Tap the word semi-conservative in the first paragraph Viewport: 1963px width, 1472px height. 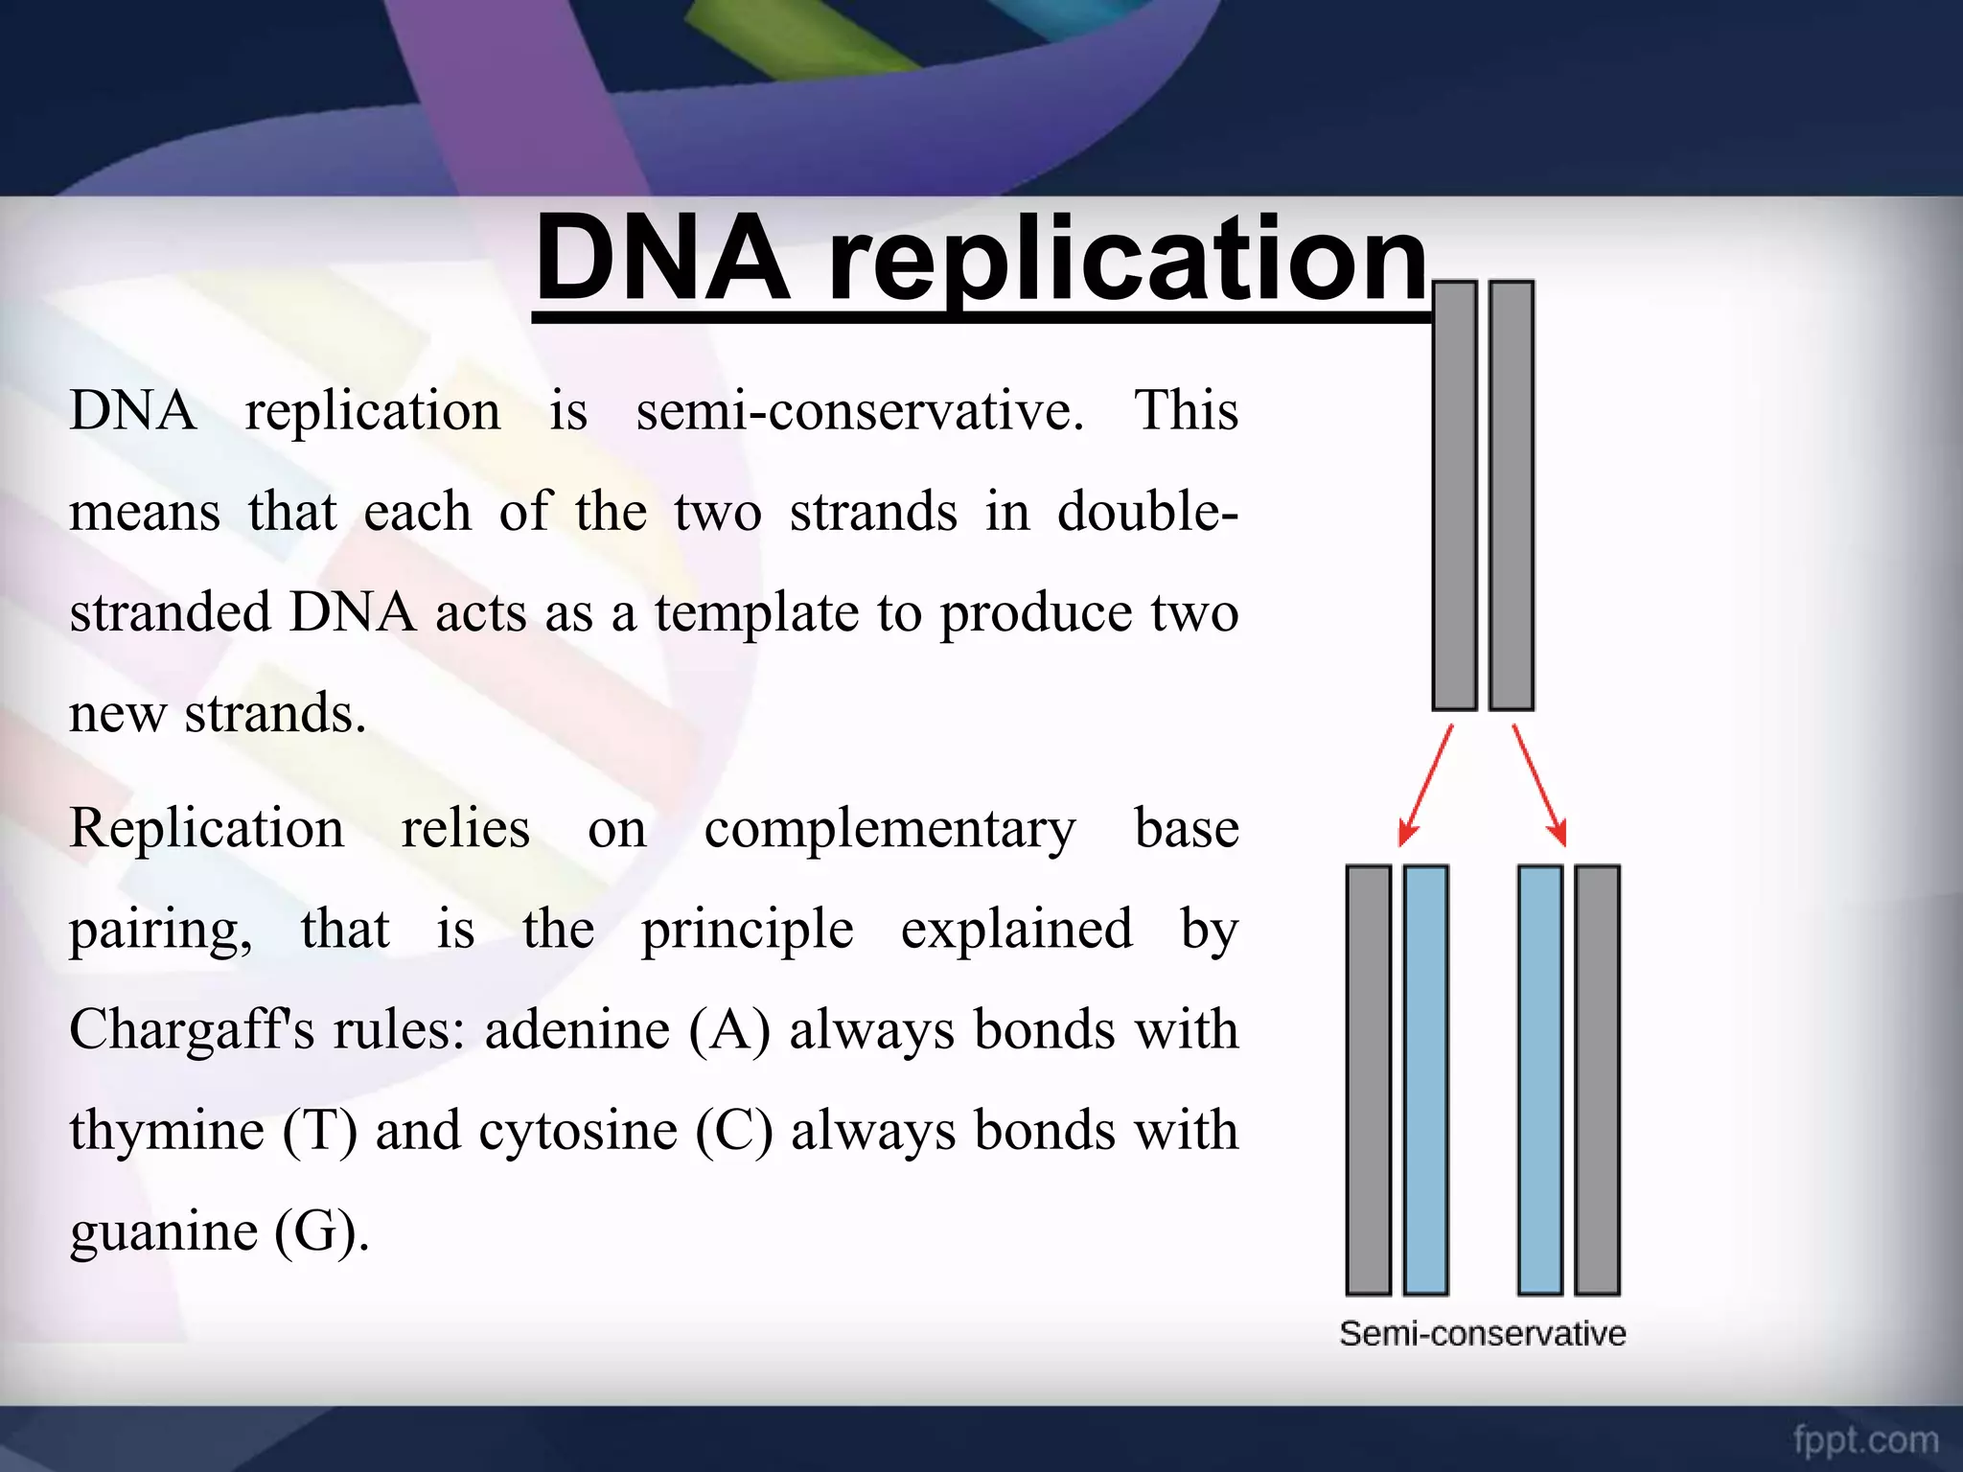(x=859, y=412)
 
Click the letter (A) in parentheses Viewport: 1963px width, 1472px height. (x=729, y=1031)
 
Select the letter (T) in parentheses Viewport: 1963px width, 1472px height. (x=320, y=1132)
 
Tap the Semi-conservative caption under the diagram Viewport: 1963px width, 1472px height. (x=1482, y=1333)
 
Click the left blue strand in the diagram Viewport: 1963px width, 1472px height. (x=1425, y=1080)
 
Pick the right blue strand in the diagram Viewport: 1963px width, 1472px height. (x=1540, y=1080)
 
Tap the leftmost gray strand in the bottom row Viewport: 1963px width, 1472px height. (x=1368, y=1080)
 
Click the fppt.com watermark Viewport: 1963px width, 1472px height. (x=1865, y=1439)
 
